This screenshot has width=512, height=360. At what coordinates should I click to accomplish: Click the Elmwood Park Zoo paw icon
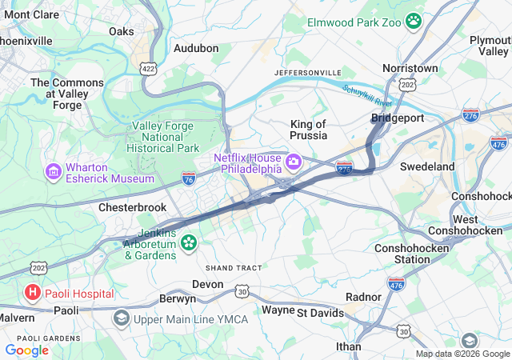pyautogui.click(x=414, y=20)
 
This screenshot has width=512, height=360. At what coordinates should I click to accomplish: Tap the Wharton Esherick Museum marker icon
pyautogui.click(x=54, y=170)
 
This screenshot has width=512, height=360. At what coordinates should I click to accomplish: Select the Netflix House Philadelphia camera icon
pyautogui.click(x=294, y=163)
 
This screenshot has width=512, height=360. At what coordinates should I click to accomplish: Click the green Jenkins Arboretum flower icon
pyautogui.click(x=189, y=242)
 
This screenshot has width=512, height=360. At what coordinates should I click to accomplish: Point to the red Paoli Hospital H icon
pyautogui.click(x=33, y=293)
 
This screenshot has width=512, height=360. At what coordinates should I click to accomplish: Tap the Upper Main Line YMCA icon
pyautogui.click(x=121, y=318)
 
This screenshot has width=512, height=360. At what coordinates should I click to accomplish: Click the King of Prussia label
pyautogui.click(x=308, y=130)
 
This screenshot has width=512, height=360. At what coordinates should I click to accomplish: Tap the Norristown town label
pyautogui.click(x=410, y=69)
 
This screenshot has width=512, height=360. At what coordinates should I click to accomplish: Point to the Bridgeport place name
pyautogui.click(x=397, y=118)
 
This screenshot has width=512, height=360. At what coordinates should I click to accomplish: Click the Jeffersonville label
pyautogui.click(x=307, y=73)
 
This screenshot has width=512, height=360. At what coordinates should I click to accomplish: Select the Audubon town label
pyautogui.click(x=196, y=48)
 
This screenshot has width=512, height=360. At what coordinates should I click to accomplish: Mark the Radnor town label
pyautogui.click(x=363, y=297)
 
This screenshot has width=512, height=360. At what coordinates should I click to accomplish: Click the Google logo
pyautogui.click(x=26, y=350)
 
